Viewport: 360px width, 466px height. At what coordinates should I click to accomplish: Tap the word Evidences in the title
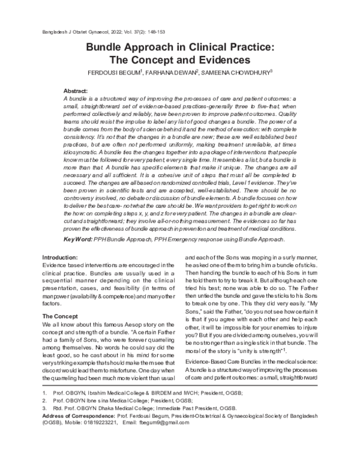220,60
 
